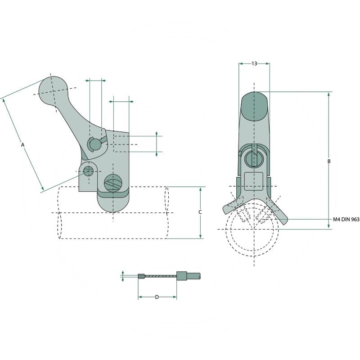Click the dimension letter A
(x=22, y=144)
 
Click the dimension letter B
(x=329, y=161)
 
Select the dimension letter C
(x=200, y=212)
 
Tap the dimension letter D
(x=157, y=297)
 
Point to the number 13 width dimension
(x=254, y=63)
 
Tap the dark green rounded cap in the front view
(x=254, y=106)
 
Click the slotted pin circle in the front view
(x=254, y=159)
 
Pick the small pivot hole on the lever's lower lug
(x=89, y=171)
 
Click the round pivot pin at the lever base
(x=95, y=144)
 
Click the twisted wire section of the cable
(x=160, y=276)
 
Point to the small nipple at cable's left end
(x=141, y=276)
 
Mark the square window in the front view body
(x=254, y=178)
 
